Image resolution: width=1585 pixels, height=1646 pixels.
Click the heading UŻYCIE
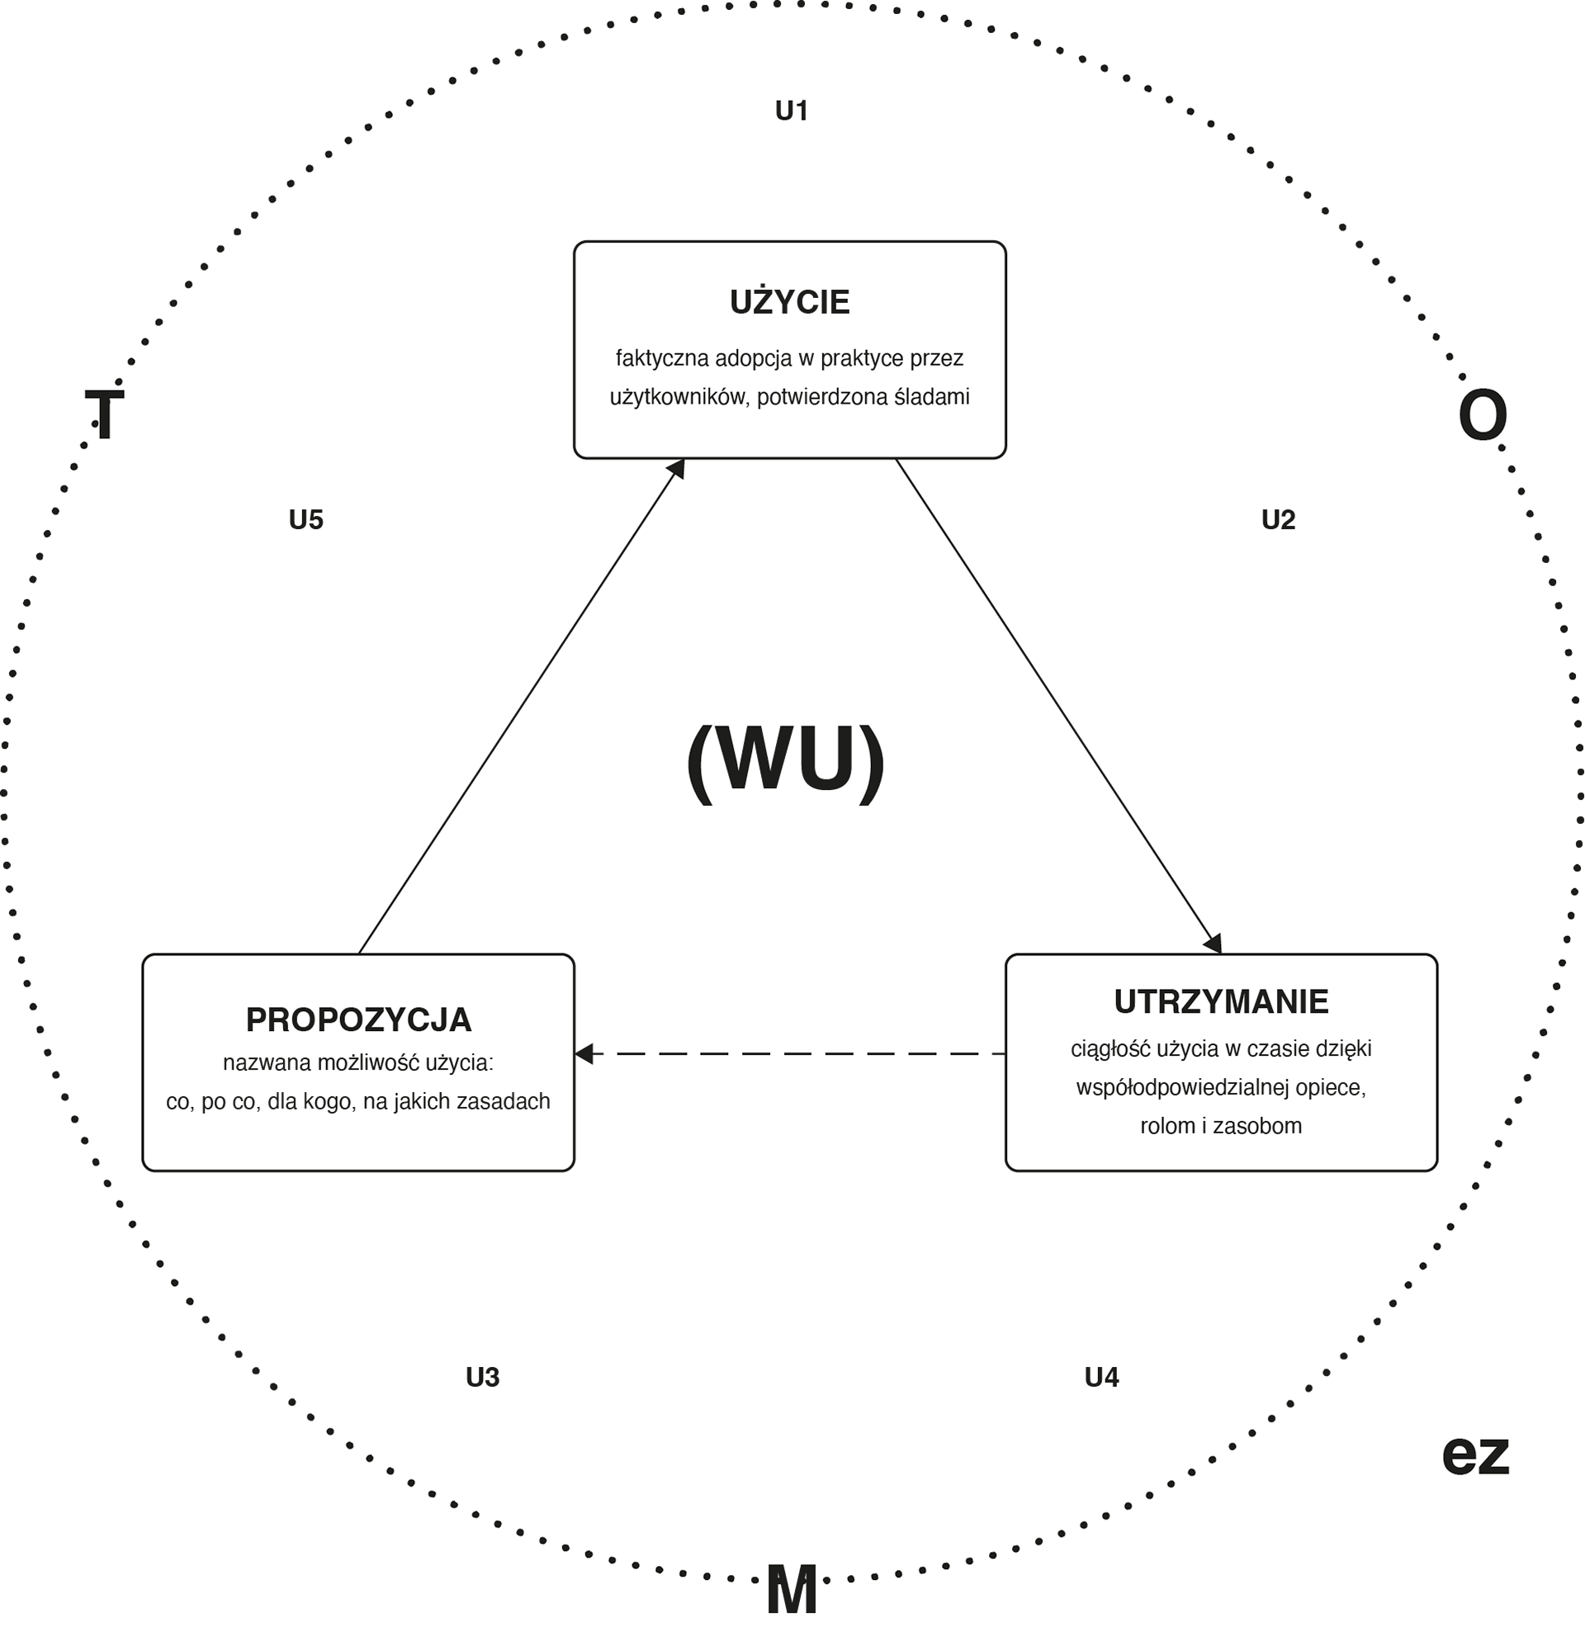pyautogui.click(x=789, y=302)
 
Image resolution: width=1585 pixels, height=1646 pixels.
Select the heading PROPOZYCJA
pyautogui.click(x=358, y=1019)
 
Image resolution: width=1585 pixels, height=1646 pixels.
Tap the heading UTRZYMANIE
pyautogui.click(x=1220, y=1001)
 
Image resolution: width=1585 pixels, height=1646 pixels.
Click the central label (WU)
pyautogui.click(x=786, y=759)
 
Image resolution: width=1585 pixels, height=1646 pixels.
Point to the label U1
pyautogui.click(x=791, y=111)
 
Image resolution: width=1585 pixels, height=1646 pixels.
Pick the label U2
pyautogui.click(x=1278, y=520)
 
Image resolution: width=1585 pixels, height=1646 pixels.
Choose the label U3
pyautogui.click(x=482, y=1377)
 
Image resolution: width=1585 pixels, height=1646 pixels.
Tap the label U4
pyautogui.click(x=1101, y=1377)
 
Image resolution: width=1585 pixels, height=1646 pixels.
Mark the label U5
pyautogui.click(x=305, y=520)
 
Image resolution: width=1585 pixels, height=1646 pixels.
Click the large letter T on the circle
pyautogui.click(x=104, y=415)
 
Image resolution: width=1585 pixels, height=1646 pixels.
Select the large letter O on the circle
pyautogui.click(x=1483, y=415)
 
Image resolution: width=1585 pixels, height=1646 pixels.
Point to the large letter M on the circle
pyautogui.click(x=791, y=1590)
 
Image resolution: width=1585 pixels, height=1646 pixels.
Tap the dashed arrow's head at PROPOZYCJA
pyautogui.click(x=584, y=1053)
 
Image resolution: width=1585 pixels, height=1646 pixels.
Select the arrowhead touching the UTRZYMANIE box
pyautogui.click(x=1214, y=944)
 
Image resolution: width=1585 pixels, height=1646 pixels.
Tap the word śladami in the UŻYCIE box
pyautogui.click(x=931, y=397)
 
